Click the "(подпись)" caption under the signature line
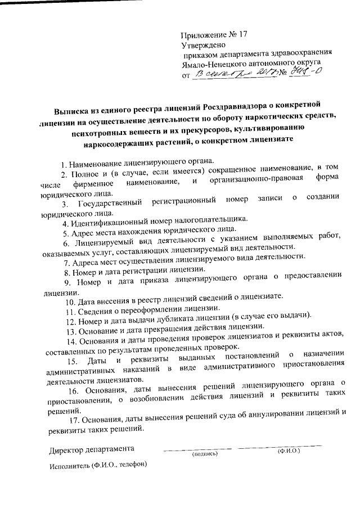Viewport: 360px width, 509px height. [204, 453]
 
